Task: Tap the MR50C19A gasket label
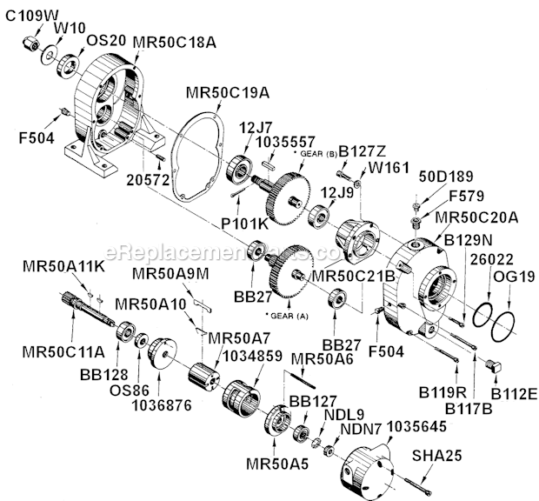click(214, 93)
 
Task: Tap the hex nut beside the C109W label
click(30, 41)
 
